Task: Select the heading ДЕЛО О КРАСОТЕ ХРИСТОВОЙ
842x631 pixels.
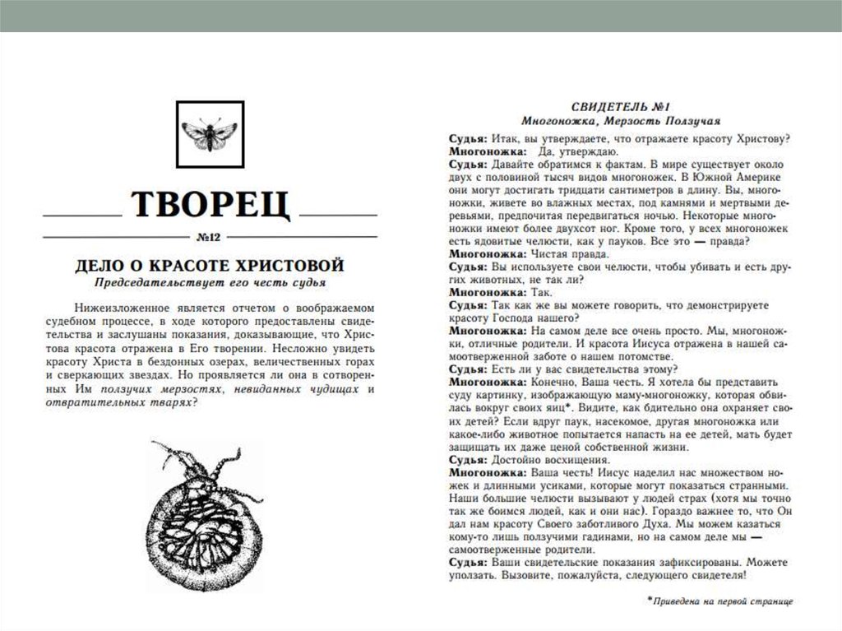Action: (210, 266)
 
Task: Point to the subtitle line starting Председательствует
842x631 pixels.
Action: (210, 284)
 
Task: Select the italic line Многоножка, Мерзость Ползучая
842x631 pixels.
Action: (621, 121)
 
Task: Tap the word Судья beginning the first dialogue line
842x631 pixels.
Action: (467, 137)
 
